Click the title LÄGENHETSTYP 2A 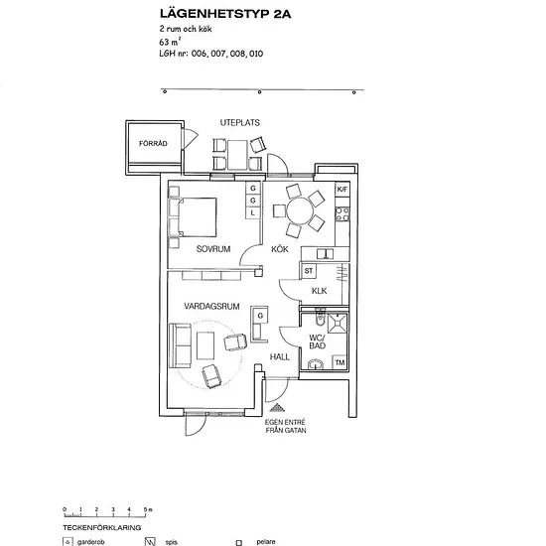pyautogui.click(x=225, y=14)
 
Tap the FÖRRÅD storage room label pyautogui.click(x=153, y=144)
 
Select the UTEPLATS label pyautogui.click(x=240, y=122)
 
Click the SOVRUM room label pyautogui.click(x=213, y=249)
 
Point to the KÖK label pyautogui.click(x=280, y=249)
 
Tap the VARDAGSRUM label pyautogui.click(x=211, y=307)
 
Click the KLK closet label pyautogui.click(x=319, y=291)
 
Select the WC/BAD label pyautogui.click(x=318, y=341)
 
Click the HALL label pyautogui.click(x=280, y=357)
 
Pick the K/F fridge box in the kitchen pyautogui.click(x=342, y=190)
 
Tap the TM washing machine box pyautogui.click(x=340, y=362)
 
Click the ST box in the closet pyautogui.click(x=309, y=271)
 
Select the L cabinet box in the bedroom pyautogui.click(x=253, y=212)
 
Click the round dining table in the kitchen pyautogui.click(x=300, y=211)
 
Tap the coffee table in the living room pyautogui.click(x=205, y=345)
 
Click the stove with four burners pyautogui.click(x=342, y=214)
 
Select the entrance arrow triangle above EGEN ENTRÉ pyautogui.click(x=277, y=407)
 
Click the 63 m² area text pyautogui.click(x=170, y=42)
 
